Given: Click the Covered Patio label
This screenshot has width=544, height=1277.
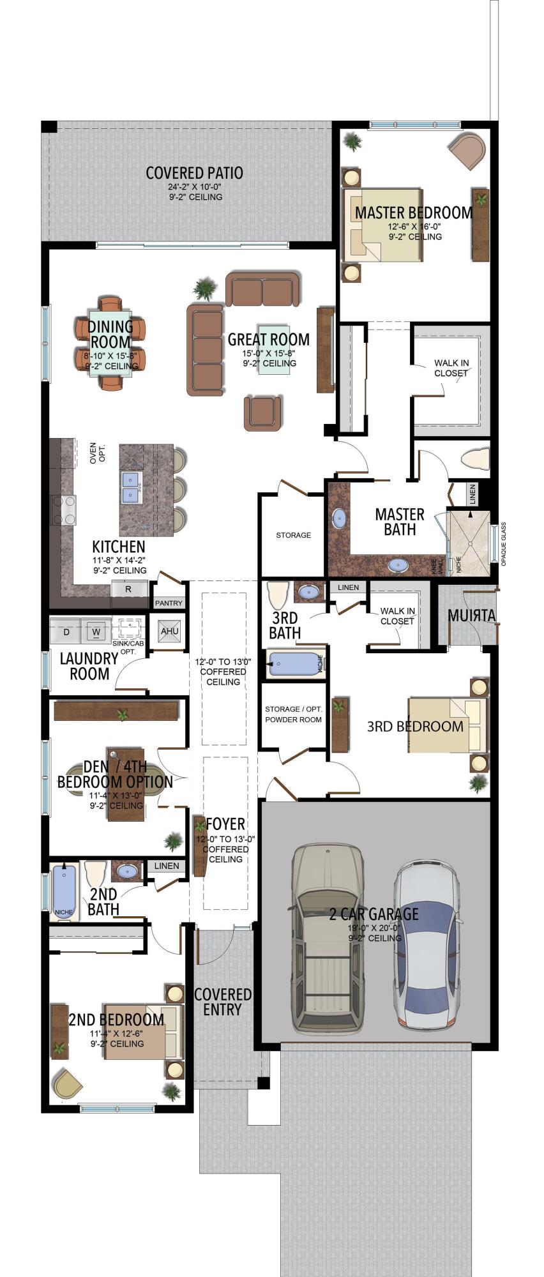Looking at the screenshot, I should click(194, 173).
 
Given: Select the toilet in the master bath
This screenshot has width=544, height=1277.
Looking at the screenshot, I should click(476, 458).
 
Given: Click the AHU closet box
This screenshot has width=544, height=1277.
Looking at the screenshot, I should click(169, 631).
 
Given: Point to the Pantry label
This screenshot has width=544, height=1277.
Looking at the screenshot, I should click(169, 603).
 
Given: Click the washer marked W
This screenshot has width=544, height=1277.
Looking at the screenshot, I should click(96, 632).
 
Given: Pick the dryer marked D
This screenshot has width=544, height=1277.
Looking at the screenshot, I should click(66, 632).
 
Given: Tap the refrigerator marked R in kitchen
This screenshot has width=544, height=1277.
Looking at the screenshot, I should click(128, 589).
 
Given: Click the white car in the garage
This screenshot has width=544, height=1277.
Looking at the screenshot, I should click(425, 945).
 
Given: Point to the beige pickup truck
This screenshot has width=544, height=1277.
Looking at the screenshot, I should click(327, 939).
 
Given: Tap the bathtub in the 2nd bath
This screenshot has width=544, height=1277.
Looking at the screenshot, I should click(64, 891).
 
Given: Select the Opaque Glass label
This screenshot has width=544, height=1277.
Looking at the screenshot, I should click(504, 543).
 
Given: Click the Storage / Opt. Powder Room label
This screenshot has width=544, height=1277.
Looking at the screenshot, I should click(293, 714).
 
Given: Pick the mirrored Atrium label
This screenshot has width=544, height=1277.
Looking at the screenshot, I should click(471, 616).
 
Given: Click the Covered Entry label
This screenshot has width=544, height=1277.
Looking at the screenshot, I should click(222, 1002).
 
